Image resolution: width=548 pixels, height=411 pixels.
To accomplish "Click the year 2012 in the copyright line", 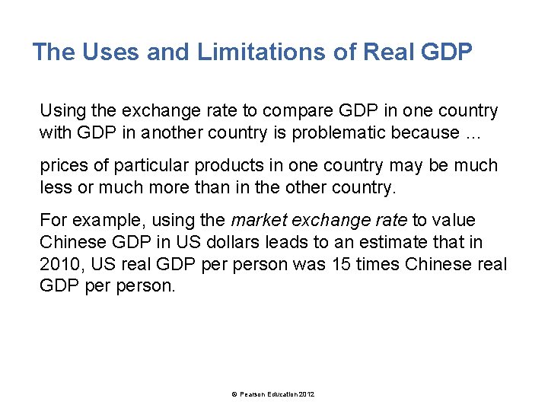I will click(307, 393).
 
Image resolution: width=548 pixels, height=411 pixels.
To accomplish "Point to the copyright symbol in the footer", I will click(234, 393).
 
